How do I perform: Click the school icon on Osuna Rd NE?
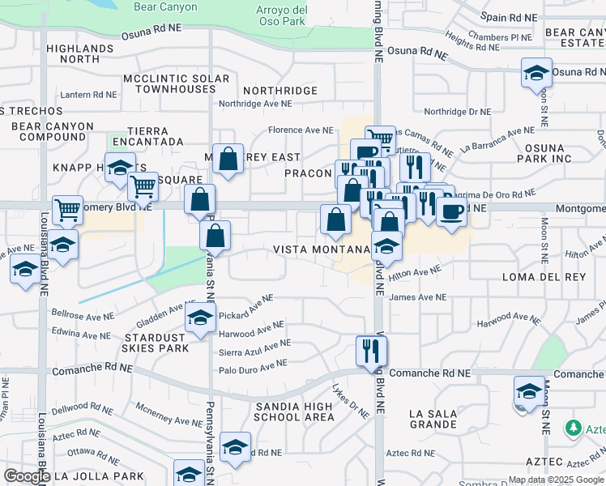point(536,73)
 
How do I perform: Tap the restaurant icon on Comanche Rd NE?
point(371,351)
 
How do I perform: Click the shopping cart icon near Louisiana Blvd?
point(67,211)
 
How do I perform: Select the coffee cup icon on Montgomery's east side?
point(451,212)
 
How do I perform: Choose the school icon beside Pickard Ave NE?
point(200,319)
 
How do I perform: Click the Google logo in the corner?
point(26,477)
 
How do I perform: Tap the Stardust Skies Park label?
point(157,342)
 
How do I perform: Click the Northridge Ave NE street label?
point(255,104)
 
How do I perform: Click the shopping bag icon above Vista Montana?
point(335,220)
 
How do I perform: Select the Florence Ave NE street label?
point(301,130)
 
